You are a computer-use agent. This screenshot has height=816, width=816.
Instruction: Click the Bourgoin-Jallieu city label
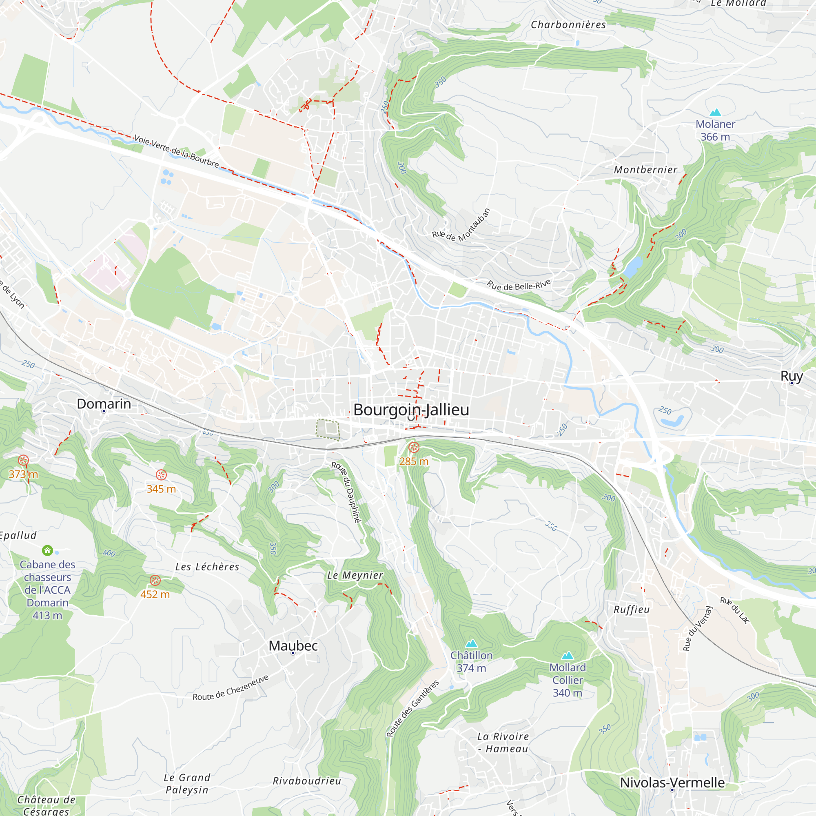click(411, 410)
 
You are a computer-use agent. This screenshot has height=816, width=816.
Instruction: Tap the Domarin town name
click(104, 404)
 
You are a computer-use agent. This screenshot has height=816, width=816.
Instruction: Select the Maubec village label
click(293, 645)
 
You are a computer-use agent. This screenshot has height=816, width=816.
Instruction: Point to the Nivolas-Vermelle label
click(672, 782)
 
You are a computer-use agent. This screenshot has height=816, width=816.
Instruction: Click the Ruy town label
click(791, 375)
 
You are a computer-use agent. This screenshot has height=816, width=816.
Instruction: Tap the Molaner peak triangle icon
click(715, 112)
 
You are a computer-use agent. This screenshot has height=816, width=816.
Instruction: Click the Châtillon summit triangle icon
click(471, 643)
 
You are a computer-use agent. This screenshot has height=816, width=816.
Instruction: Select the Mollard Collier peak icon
click(567, 656)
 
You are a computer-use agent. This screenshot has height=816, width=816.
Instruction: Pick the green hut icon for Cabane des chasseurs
click(47, 550)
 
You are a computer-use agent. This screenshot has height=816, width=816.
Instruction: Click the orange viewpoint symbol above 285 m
click(414, 447)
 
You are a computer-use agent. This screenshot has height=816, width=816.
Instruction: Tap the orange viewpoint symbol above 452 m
click(155, 580)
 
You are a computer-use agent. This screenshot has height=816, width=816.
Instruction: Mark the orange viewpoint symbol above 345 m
click(161, 475)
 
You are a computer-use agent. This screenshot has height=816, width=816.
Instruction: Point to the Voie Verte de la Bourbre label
click(177, 151)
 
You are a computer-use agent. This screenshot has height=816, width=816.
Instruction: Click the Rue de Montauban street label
click(461, 226)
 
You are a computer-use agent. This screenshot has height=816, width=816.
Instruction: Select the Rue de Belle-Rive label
click(519, 285)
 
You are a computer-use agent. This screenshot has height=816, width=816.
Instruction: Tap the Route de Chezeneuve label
click(231, 687)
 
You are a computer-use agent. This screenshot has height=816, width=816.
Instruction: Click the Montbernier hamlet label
click(645, 170)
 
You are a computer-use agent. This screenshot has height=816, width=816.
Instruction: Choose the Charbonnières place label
click(568, 25)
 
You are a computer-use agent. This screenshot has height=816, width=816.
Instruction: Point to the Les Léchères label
click(207, 567)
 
